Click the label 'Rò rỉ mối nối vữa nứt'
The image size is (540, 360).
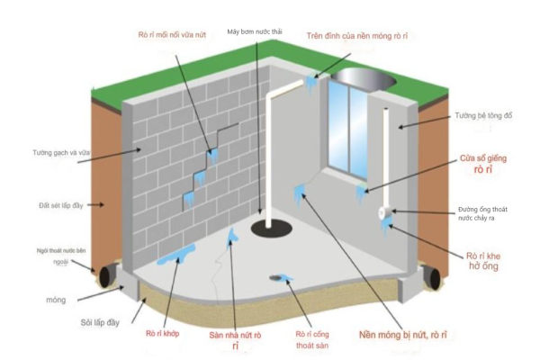pos(172,35)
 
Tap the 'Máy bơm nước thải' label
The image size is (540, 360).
pos(255,31)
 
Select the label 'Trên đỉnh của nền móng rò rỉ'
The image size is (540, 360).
pos(357,36)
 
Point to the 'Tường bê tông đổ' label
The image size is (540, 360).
pos(483,116)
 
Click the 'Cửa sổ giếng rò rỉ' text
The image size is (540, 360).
pos(483,164)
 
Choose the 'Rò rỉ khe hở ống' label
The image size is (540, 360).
pos(483,261)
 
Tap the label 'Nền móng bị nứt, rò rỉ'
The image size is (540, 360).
pos(403,335)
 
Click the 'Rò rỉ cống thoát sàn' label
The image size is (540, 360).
pos(312,339)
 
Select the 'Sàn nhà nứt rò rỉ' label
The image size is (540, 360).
pos(235,340)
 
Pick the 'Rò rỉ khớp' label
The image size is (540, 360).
pos(163,334)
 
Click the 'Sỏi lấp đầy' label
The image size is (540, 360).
pos(100,323)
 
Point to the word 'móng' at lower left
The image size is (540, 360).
pos(56,300)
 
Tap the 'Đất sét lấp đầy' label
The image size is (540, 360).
pos(61,206)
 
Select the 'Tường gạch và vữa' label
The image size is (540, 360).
pos(61,153)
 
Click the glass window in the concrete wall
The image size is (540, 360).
pos(347,127)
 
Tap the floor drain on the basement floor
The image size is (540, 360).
pos(275,277)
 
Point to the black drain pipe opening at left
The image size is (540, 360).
pos(104,275)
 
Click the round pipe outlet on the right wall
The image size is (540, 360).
pos(382,213)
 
